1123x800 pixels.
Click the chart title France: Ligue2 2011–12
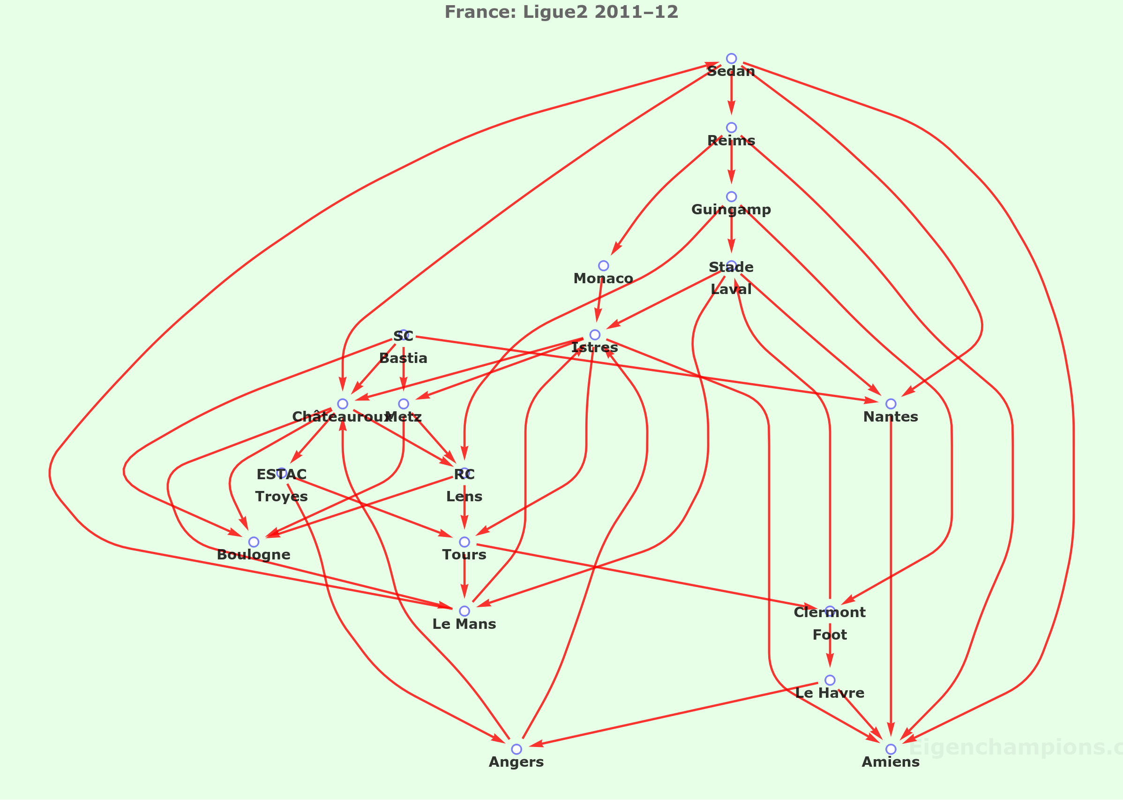561,12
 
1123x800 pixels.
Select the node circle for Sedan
731,59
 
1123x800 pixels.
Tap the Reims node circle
731,128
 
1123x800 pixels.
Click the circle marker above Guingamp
731,196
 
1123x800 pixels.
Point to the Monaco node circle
603,265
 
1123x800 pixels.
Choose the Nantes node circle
891,404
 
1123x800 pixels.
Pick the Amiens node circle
891,749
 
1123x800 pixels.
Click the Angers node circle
517,749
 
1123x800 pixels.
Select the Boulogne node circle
254,542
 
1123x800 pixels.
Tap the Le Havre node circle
830,680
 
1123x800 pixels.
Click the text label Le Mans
464,624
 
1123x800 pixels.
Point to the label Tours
464,555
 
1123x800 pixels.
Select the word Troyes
282,497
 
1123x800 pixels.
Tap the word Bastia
403,359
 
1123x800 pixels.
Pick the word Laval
731,290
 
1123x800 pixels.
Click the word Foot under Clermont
830,635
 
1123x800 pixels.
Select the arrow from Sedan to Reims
731,94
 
